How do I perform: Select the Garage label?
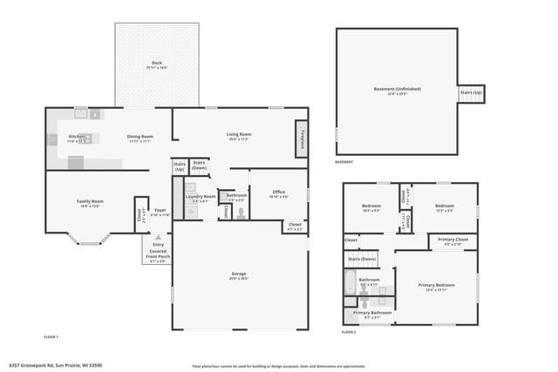coord(238,275)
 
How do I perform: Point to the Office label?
coord(279,193)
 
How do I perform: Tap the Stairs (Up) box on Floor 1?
coord(180,166)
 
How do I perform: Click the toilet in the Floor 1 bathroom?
coord(241,210)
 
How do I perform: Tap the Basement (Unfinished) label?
coord(397,90)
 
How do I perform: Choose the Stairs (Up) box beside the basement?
coord(471,92)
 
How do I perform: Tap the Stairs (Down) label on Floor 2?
coord(362,260)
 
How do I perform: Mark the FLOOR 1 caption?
coord(51,336)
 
